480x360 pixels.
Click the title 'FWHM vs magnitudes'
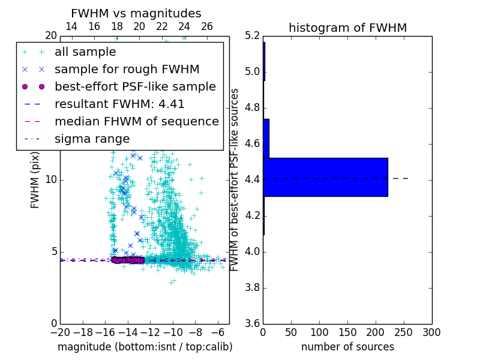tap(136, 13)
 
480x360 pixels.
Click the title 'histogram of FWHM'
tap(347, 28)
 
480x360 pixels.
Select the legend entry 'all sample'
tap(85, 52)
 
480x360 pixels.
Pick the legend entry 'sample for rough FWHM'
tap(127, 70)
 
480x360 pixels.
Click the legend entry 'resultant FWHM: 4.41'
tap(119, 104)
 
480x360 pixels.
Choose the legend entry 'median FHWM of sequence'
tap(136, 121)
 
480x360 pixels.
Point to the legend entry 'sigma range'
tap(92, 139)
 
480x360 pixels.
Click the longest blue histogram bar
tap(325, 177)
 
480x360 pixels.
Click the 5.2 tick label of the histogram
tap(252, 35)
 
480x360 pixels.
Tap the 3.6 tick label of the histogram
tap(252, 323)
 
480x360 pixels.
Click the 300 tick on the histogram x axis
tap(431, 332)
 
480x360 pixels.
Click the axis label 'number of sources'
tap(347, 347)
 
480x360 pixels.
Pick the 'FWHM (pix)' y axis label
tap(35, 179)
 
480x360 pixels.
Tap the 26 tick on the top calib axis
tap(207, 26)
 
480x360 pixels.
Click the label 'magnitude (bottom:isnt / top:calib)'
tap(145, 347)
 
